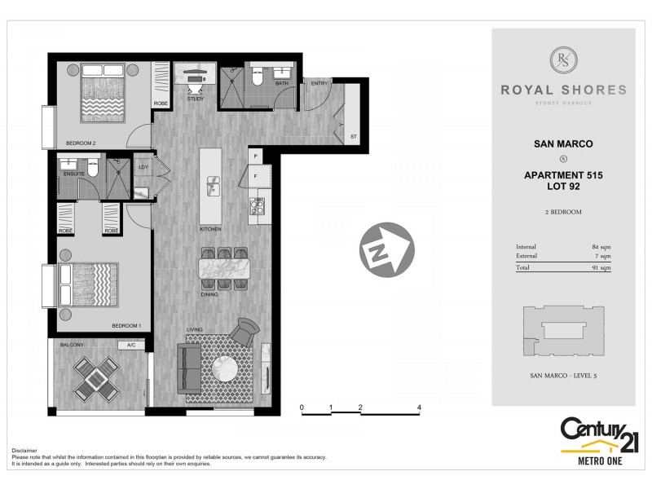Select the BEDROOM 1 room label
tap(127, 327)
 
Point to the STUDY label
tap(195, 99)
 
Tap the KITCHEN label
tap(210, 230)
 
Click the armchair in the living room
tap(244, 331)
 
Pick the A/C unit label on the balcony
tap(130, 346)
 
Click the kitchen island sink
tap(214, 187)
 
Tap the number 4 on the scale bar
tap(418, 406)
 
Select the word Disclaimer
tap(24, 450)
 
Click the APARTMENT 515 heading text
tap(563, 174)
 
